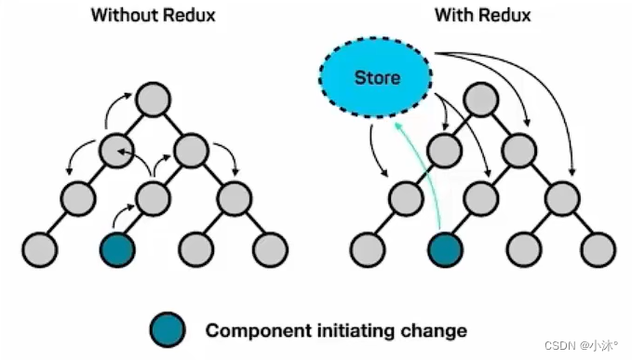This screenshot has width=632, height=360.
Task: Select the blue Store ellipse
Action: [377, 78]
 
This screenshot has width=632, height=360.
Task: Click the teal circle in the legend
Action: [168, 329]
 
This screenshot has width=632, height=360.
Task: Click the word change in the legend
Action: [436, 330]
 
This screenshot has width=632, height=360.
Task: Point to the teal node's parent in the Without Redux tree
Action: [154, 196]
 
